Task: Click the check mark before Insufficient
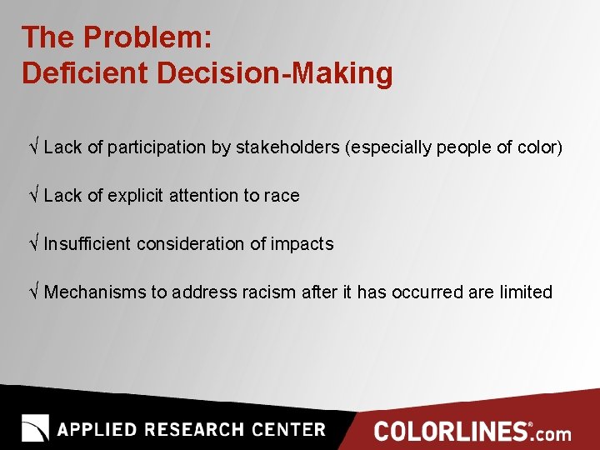tap(33, 244)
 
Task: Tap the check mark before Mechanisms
tap(33, 292)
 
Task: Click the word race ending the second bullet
tap(282, 196)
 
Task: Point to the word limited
tap(526, 292)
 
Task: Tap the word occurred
tap(429, 292)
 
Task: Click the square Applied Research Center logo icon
tap(35, 428)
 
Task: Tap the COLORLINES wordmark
tap(451, 432)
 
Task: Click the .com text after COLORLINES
tap(552, 433)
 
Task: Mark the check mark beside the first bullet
tap(33, 147)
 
